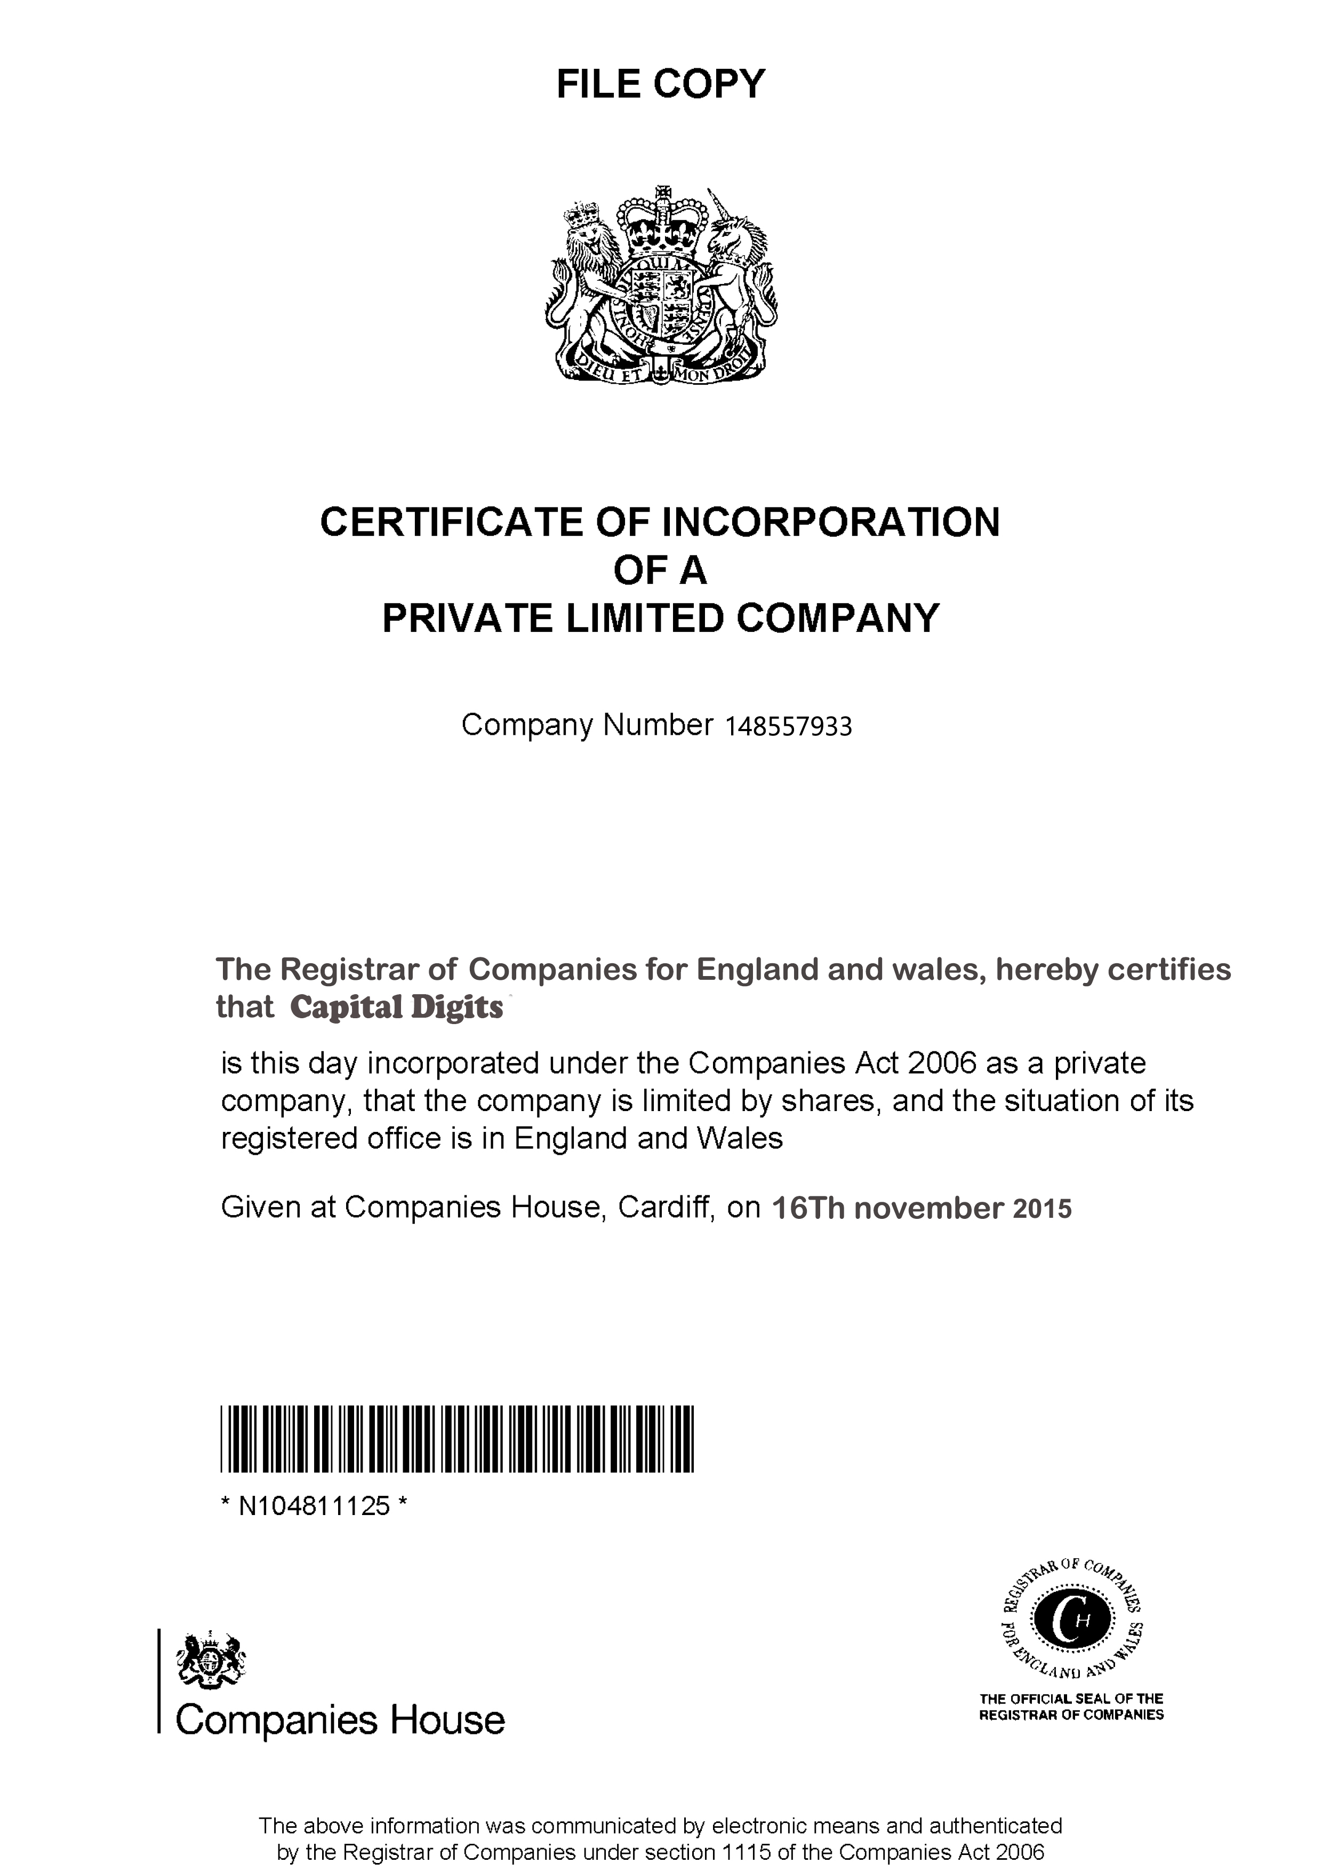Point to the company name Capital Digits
point(397,1008)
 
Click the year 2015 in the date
point(1042,1209)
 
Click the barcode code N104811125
point(314,1507)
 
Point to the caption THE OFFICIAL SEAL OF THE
point(1071,1698)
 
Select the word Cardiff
point(666,1207)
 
